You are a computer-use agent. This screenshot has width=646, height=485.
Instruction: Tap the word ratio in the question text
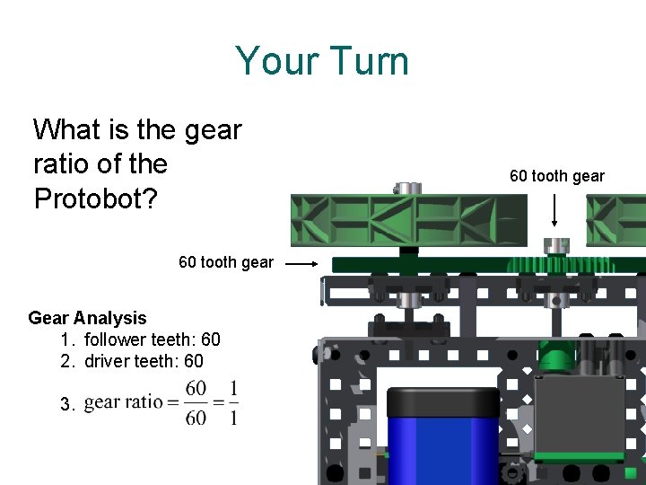tap(62, 164)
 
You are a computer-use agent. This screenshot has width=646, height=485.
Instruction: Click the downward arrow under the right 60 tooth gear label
tap(555, 210)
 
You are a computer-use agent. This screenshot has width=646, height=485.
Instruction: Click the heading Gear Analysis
tap(87, 318)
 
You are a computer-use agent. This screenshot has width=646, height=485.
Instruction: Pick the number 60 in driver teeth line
tap(193, 361)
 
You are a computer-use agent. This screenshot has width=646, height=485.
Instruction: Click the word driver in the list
tap(105, 361)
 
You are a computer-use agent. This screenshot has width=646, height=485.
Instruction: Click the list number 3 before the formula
tap(66, 405)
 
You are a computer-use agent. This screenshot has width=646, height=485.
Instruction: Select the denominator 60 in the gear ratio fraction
tap(195, 418)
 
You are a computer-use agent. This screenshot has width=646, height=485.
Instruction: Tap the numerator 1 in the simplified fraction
tap(233, 388)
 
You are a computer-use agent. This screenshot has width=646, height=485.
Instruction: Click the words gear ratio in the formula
tap(123, 402)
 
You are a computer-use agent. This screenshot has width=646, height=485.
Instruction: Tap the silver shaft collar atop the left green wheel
tap(406, 188)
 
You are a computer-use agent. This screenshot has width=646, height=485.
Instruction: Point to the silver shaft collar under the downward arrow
tap(557, 244)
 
